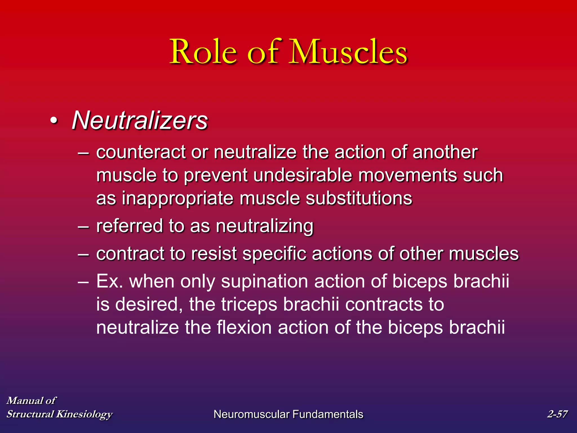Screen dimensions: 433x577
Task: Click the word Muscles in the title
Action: tap(349, 52)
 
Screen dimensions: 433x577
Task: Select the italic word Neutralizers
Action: tap(140, 121)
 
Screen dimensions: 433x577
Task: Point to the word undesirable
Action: tap(303, 175)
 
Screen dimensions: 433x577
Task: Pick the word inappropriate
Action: tap(177, 198)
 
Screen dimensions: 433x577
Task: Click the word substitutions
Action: tap(359, 198)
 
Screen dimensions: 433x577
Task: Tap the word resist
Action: tap(214, 253)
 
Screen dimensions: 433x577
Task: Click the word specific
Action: tap(274, 254)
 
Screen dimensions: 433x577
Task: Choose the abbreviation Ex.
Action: tap(109, 281)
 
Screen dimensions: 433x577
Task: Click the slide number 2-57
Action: tap(557, 414)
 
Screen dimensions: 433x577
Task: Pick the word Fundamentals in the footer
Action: tap(328, 414)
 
